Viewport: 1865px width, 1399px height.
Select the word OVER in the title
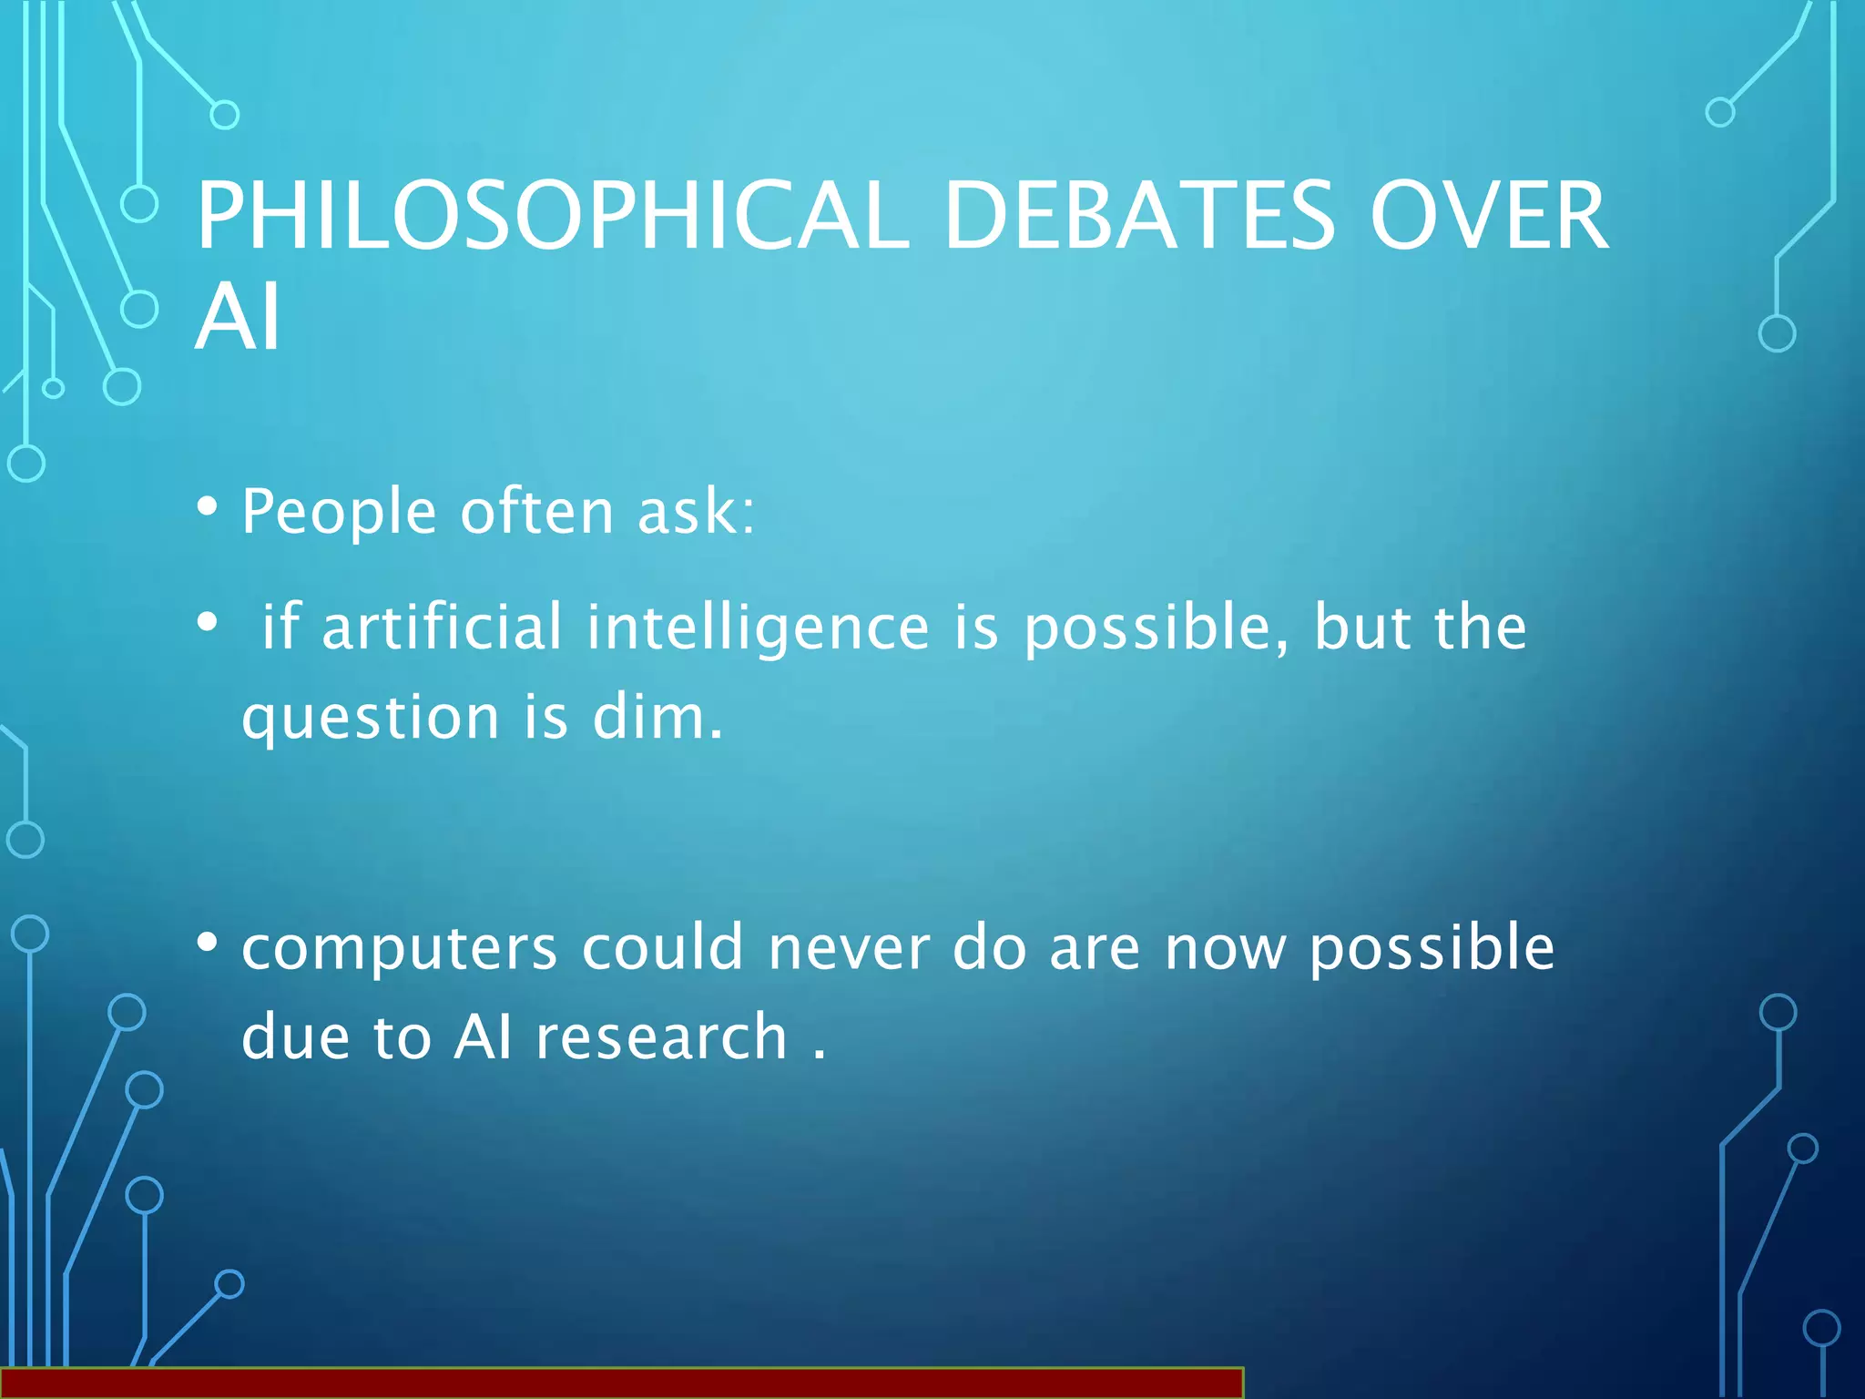(x=1489, y=216)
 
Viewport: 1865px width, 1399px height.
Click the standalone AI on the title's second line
(x=238, y=316)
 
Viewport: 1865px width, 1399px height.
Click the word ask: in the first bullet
(x=696, y=512)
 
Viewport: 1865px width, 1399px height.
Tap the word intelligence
(x=758, y=628)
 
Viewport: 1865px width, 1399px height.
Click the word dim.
(x=657, y=718)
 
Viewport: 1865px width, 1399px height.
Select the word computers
(x=399, y=950)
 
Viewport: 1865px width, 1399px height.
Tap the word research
(x=661, y=1038)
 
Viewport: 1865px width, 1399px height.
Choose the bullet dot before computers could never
(x=208, y=944)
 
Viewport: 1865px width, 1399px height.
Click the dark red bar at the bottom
(x=621, y=1383)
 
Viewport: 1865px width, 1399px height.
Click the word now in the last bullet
(x=1226, y=948)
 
